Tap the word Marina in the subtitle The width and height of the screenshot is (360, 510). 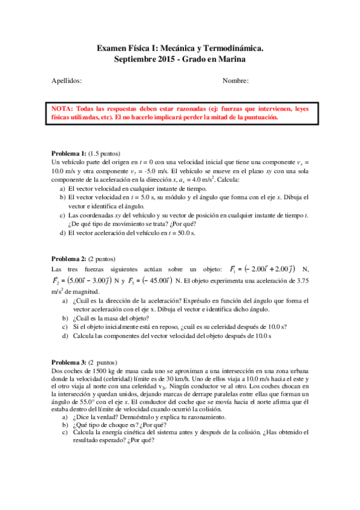[x=232, y=58]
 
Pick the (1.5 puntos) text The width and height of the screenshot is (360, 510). [x=105, y=153]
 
